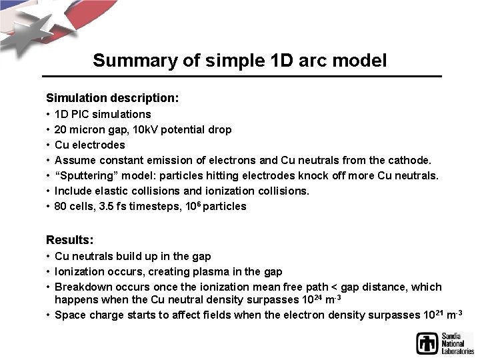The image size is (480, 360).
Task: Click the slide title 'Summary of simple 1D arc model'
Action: pyautogui.click(x=239, y=61)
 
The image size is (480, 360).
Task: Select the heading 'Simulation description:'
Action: pyautogui.click(x=112, y=97)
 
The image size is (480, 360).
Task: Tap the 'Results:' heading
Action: pyautogui.click(x=69, y=239)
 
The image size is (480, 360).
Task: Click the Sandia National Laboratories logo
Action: pyautogui.click(x=444, y=343)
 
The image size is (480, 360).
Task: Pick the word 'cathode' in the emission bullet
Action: pyautogui.click(x=410, y=160)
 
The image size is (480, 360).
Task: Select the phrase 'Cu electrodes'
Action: pyautogui.click(x=90, y=145)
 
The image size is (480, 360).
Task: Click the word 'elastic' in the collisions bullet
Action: pyautogui.click(x=111, y=191)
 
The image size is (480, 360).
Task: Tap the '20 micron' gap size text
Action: pyautogui.click(x=78, y=129)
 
